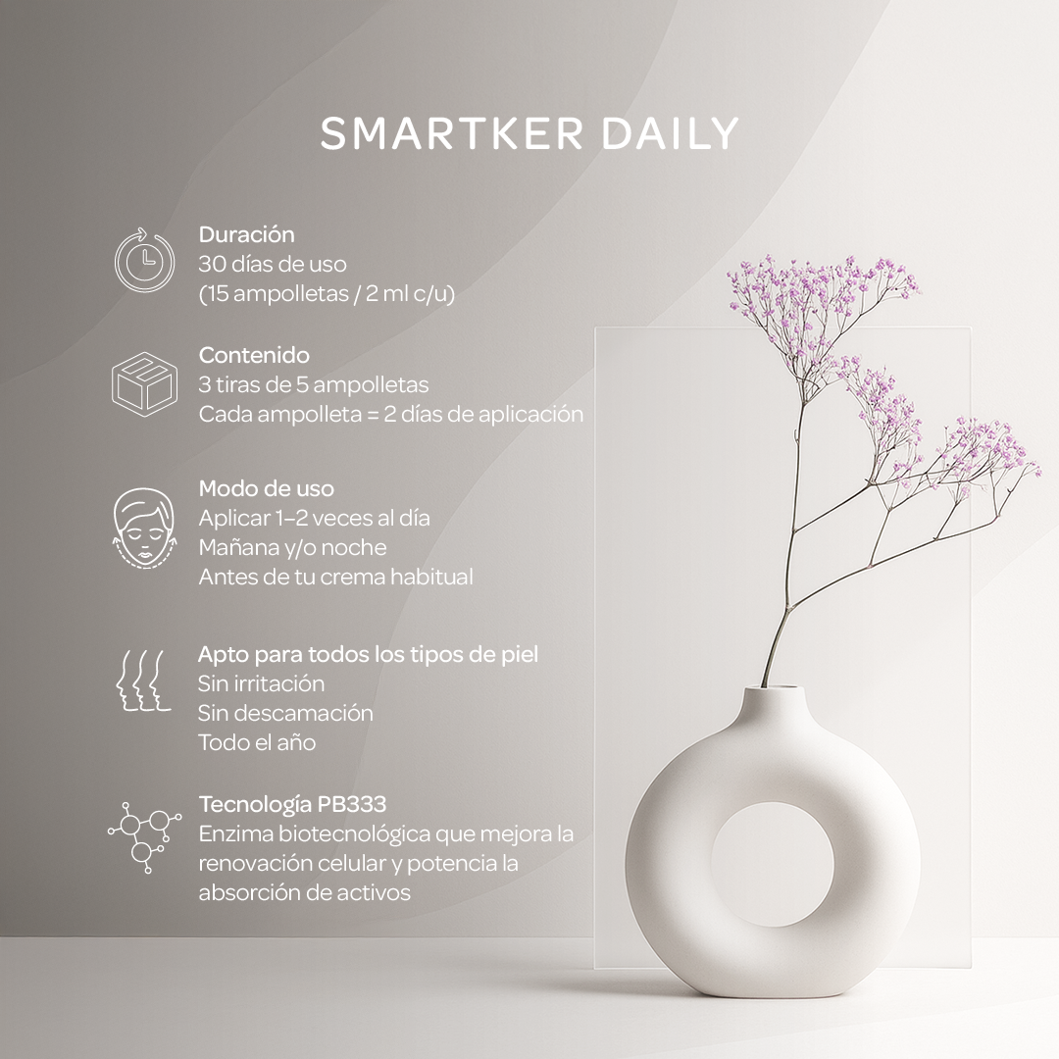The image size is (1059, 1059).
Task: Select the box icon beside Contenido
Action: click(x=143, y=381)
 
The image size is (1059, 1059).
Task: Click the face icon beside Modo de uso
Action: click(x=143, y=529)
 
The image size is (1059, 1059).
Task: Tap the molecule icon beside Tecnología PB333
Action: click(x=143, y=834)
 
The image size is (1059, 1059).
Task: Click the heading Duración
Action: click(x=246, y=235)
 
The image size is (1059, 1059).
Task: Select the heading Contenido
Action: click(x=254, y=355)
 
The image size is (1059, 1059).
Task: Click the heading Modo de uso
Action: click(x=266, y=488)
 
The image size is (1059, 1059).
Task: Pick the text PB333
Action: click(x=352, y=805)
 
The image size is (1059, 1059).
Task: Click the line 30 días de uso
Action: click(x=272, y=265)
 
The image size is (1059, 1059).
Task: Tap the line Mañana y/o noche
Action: click(x=292, y=547)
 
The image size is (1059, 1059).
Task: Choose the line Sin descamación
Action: click(x=285, y=713)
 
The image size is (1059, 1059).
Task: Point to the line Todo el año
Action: click(x=257, y=742)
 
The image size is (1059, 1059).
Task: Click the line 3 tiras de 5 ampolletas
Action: click(x=313, y=384)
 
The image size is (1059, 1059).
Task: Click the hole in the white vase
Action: click(x=772, y=863)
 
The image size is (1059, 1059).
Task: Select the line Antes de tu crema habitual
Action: click(x=335, y=577)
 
